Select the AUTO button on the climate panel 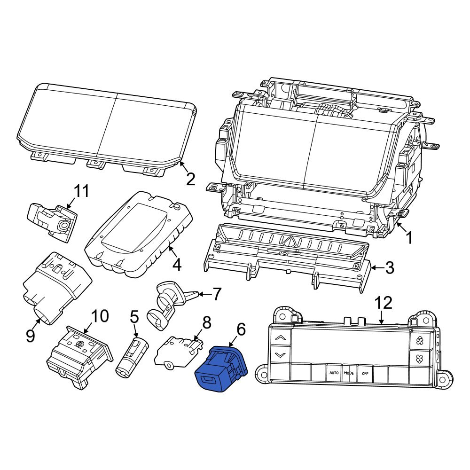click(334, 373)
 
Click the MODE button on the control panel click(349, 373)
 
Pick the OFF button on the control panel click(365, 373)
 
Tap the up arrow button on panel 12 click(280, 337)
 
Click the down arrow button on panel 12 click(280, 355)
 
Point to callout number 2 click(190, 179)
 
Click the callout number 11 click(81, 191)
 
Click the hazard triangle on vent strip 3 click(290, 242)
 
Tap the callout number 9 click(31, 336)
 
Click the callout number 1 click(409, 238)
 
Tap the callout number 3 click(389, 268)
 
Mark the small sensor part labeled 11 click(52, 220)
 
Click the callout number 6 click(241, 329)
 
